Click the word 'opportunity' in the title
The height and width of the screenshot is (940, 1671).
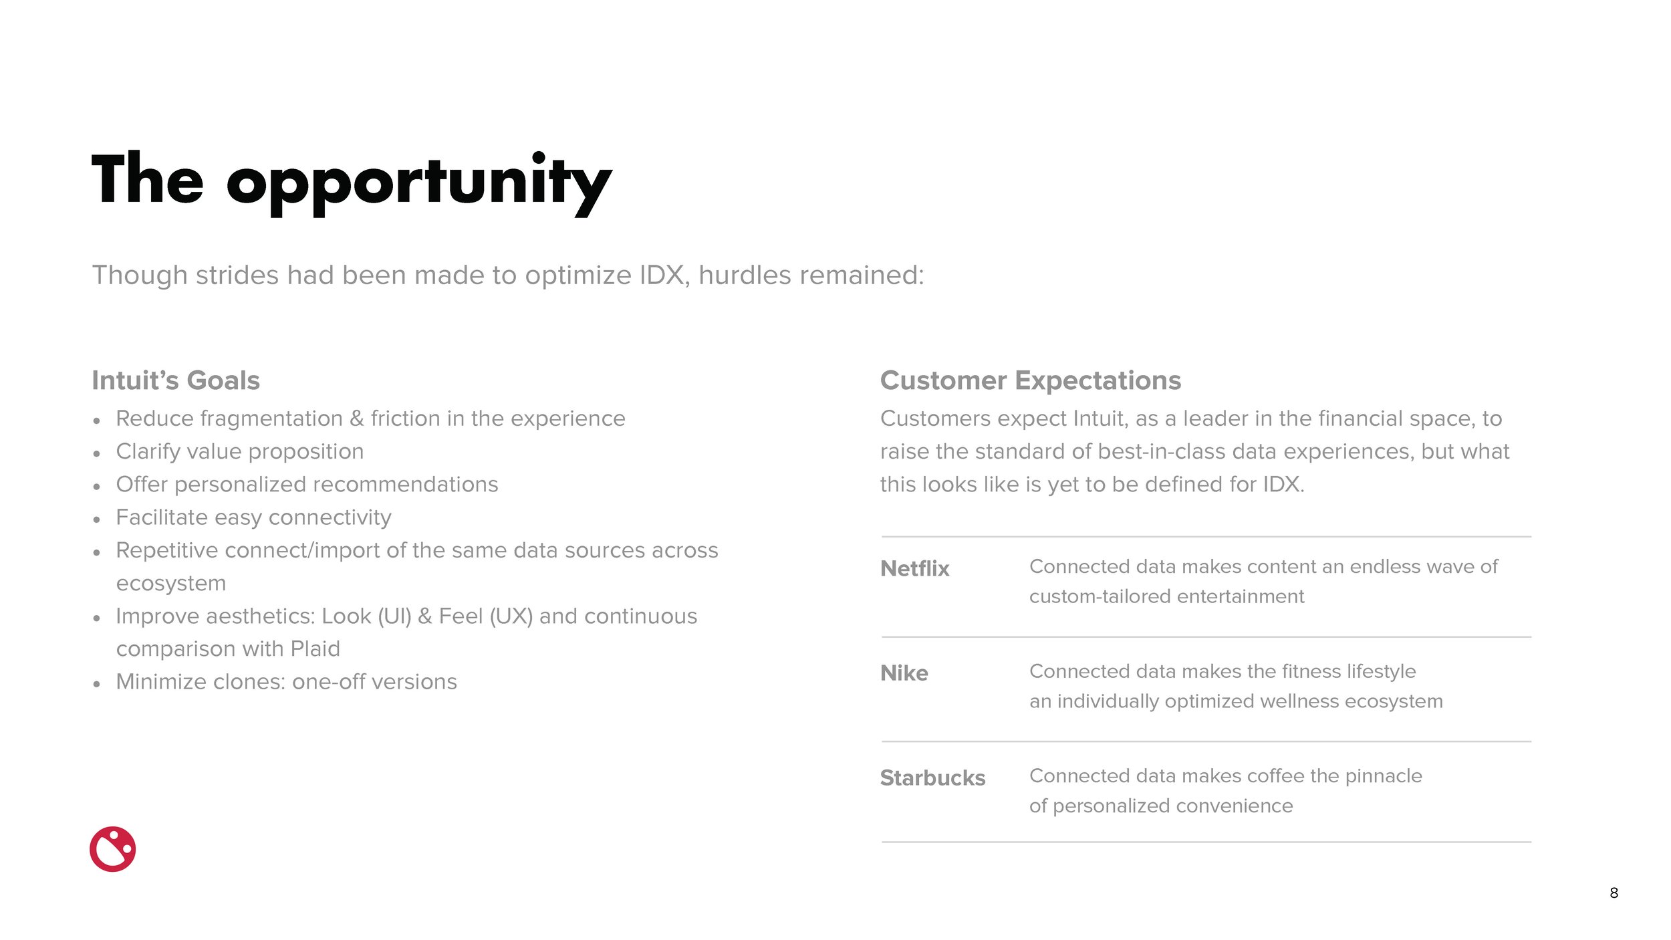pyautogui.click(x=419, y=182)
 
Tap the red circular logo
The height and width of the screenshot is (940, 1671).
pyautogui.click(x=112, y=849)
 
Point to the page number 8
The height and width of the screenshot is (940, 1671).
pyautogui.click(x=1614, y=893)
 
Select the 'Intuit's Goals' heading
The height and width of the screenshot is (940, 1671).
pyautogui.click(x=176, y=380)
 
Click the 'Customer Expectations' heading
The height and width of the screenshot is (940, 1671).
pyautogui.click(x=1030, y=380)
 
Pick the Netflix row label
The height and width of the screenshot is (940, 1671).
pyautogui.click(x=914, y=568)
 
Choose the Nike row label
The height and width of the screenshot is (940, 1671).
pyautogui.click(x=904, y=673)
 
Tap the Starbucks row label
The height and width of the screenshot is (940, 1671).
pyautogui.click(x=932, y=778)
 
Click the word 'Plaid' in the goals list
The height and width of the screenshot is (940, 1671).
pyautogui.click(x=315, y=649)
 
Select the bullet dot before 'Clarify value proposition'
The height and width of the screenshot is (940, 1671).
pyautogui.click(x=97, y=454)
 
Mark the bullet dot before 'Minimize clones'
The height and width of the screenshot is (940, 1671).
pyautogui.click(x=97, y=684)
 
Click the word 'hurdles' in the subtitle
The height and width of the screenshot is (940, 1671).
pyautogui.click(x=745, y=275)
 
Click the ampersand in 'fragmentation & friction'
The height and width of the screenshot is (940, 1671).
pyautogui.click(x=357, y=419)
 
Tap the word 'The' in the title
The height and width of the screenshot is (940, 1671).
pyautogui.click(x=147, y=179)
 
